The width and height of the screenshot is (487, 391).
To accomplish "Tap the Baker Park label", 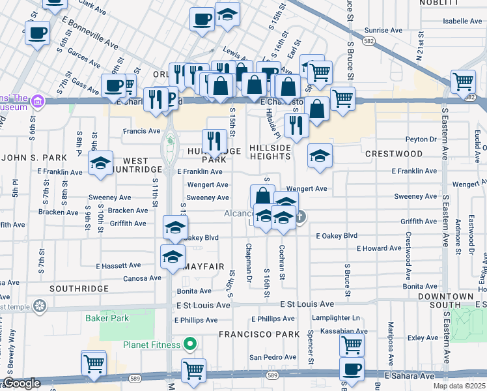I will (x=107, y=319).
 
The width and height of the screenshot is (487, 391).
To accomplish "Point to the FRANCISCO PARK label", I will (x=250, y=334).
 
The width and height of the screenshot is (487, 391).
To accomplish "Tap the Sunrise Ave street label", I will (x=383, y=30).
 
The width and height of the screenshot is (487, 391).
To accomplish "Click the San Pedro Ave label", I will (x=273, y=357).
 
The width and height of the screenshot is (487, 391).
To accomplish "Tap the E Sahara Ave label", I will (x=409, y=376).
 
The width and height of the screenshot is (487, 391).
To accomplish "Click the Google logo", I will (x=21, y=383).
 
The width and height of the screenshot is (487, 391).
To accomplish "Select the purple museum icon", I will (x=38, y=101).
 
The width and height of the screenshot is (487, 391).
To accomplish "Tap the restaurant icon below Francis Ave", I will (x=214, y=140).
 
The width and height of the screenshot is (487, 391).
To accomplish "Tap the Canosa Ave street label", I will (x=142, y=278).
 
